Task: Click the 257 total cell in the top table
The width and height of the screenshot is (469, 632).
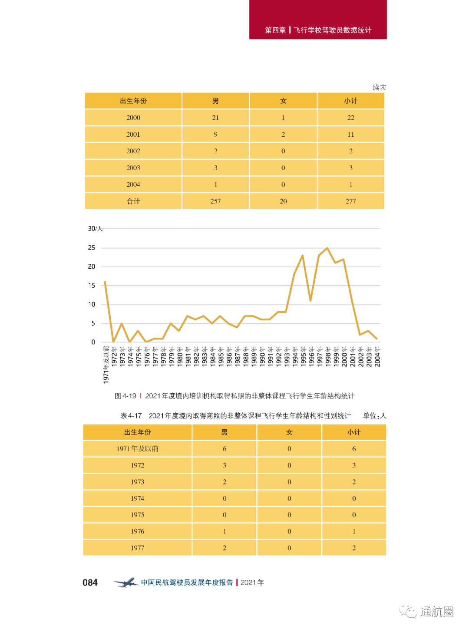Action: [215, 201]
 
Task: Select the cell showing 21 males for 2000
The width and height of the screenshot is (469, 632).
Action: [215, 118]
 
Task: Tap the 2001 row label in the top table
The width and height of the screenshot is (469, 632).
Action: [133, 135]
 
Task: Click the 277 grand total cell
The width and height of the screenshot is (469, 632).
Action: [350, 201]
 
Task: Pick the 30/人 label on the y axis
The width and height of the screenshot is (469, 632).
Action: [95, 228]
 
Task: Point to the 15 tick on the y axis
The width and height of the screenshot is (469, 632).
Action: [92, 285]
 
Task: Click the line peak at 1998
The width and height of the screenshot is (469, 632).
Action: [327, 248]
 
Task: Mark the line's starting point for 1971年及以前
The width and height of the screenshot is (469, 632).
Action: [105, 282]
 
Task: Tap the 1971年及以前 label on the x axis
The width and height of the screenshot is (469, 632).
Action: [106, 365]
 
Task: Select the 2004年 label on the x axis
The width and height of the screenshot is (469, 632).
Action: [377, 357]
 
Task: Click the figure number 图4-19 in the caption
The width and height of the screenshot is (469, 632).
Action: [126, 396]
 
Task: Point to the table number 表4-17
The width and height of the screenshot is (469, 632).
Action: [131, 416]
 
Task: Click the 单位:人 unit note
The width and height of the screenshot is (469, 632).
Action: [374, 416]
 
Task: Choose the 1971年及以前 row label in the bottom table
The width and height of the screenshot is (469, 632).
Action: [137, 449]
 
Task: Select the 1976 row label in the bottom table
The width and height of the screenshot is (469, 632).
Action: [137, 531]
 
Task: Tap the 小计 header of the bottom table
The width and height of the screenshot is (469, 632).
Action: [354, 432]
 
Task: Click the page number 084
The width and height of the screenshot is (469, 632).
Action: [90, 583]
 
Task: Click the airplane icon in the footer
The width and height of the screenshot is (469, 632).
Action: [126, 583]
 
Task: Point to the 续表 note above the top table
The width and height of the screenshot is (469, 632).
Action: [379, 88]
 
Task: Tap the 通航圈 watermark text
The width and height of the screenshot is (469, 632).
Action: [436, 612]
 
